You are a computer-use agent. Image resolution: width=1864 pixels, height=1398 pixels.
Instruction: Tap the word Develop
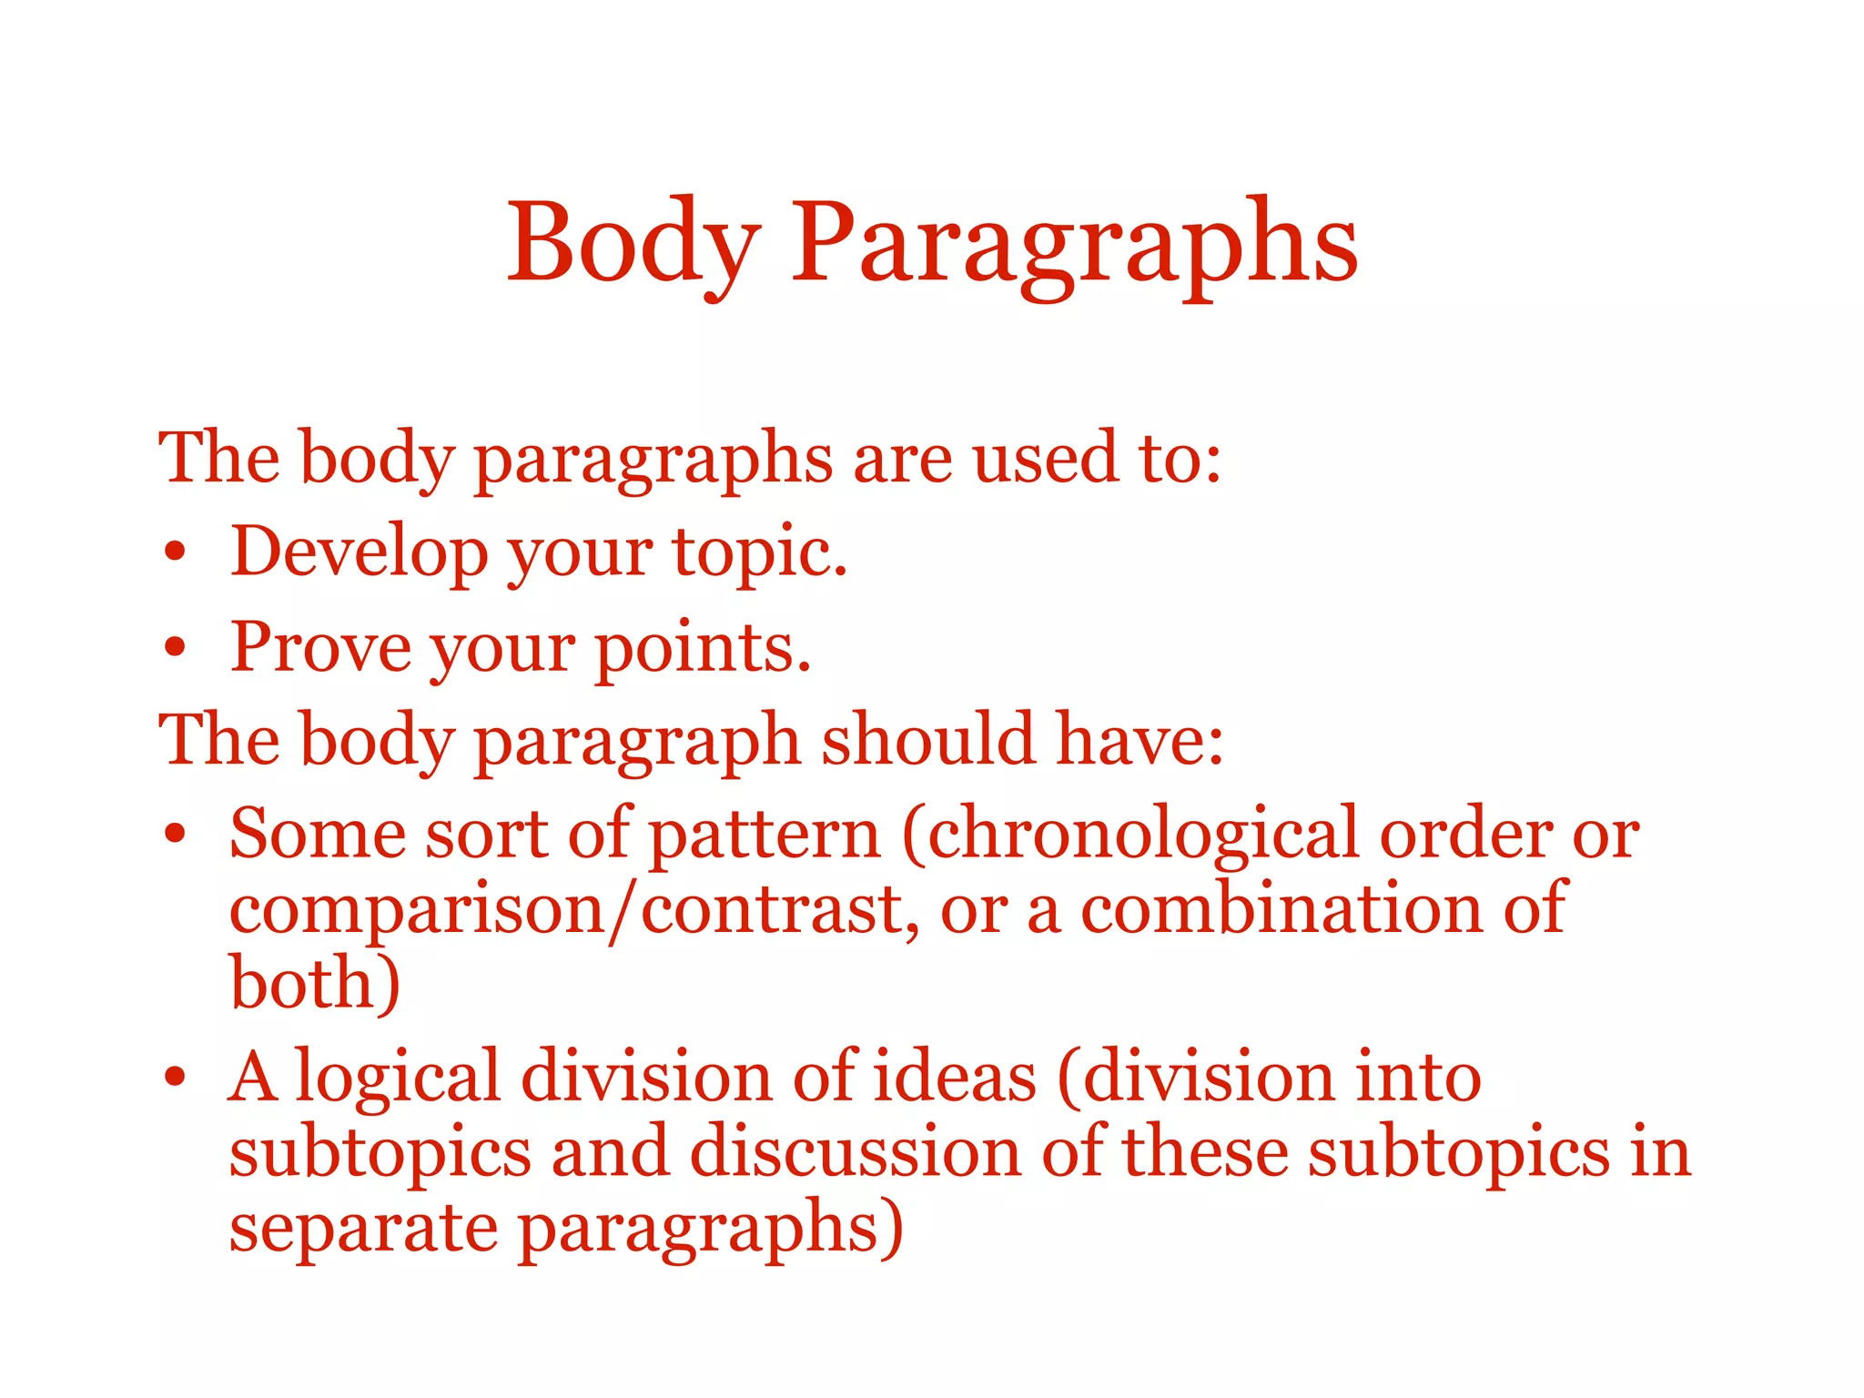(x=359, y=552)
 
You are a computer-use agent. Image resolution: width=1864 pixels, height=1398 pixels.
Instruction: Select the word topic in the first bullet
(x=759, y=553)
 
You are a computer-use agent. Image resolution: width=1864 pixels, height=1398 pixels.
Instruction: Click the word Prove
(x=320, y=647)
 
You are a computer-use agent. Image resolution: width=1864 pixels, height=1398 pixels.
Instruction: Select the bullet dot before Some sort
(x=176, y=834)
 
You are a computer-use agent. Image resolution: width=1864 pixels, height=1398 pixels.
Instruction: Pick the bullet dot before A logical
(x=176, y=1078)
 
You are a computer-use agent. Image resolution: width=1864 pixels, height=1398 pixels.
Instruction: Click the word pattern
(x=765, y=836)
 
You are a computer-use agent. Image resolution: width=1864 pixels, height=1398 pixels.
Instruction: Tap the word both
(x=314, y=984)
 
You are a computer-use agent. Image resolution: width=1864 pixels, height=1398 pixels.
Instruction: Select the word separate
(x=363, y=1229)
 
